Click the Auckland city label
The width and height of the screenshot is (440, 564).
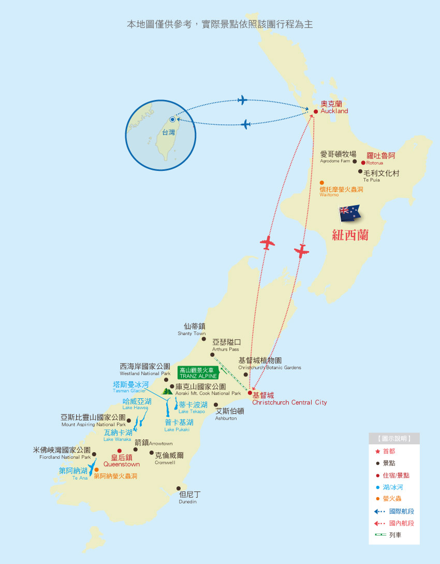334,107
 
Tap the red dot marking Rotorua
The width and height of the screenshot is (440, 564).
363,163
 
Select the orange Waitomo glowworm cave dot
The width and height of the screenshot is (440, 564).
321,183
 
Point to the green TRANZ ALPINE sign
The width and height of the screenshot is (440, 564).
198,373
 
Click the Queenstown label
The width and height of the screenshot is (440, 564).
122,461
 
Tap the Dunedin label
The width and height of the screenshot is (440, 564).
189,498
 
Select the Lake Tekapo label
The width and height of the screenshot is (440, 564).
193,407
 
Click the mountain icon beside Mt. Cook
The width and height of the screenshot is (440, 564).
168,392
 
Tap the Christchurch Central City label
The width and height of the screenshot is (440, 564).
289,399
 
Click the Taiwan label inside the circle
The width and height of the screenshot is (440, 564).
168,133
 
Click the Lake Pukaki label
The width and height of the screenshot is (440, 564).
179,425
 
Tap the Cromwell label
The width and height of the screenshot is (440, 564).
169,458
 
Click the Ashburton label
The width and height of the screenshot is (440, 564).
229,414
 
